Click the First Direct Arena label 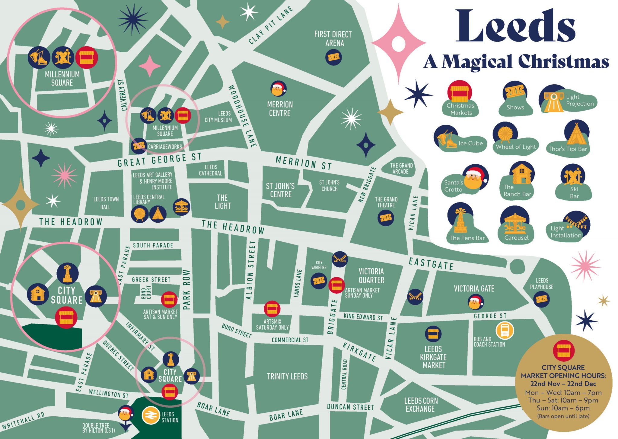333,39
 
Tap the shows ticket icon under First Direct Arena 333,57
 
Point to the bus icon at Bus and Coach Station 505,331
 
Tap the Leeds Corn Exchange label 421,405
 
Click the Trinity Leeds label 287,376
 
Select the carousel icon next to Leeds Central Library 181,207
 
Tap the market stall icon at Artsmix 272,309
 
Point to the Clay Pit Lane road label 271,25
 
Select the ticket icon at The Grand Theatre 386,218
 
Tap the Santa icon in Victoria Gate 475,302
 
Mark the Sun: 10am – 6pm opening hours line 563,408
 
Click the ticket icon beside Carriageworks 139,146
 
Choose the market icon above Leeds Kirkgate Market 433,334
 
